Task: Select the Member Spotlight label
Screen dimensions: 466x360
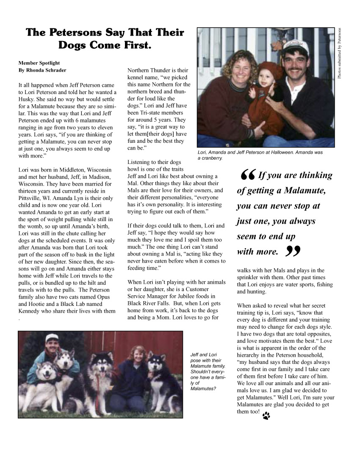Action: point(39,63)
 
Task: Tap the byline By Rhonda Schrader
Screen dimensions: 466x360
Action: point(42,70)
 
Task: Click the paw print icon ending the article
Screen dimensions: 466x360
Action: point(266,416)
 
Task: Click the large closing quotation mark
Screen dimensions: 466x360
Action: point(293,252)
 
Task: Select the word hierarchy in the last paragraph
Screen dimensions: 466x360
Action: point(252,355)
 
